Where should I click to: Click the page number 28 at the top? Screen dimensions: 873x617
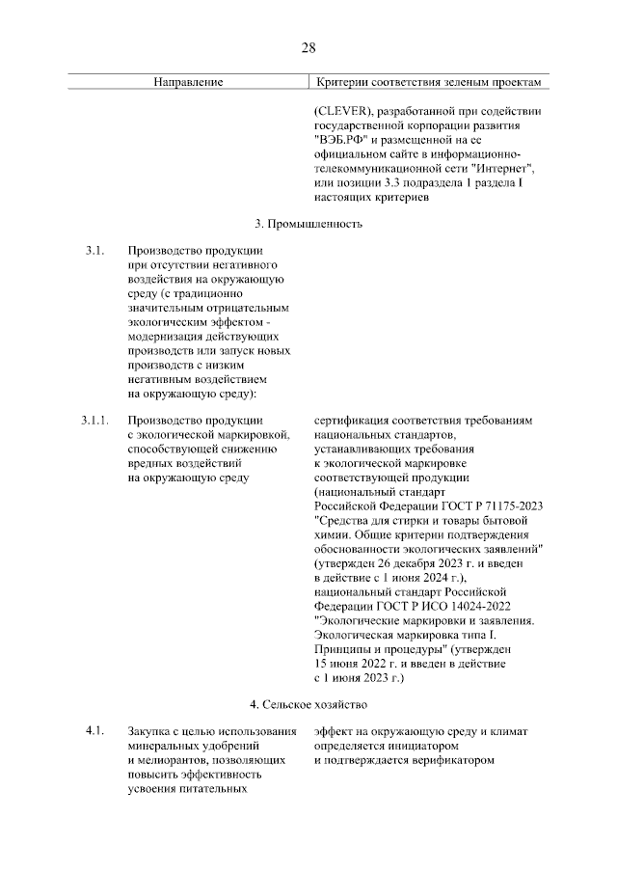point(308,48)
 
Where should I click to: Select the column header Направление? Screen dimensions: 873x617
point(189,83)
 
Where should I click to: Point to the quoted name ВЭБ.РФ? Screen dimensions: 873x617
point(343,139)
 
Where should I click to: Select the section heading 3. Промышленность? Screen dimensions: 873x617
point(308,224)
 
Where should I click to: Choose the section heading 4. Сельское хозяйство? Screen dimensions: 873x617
point(308,704)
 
